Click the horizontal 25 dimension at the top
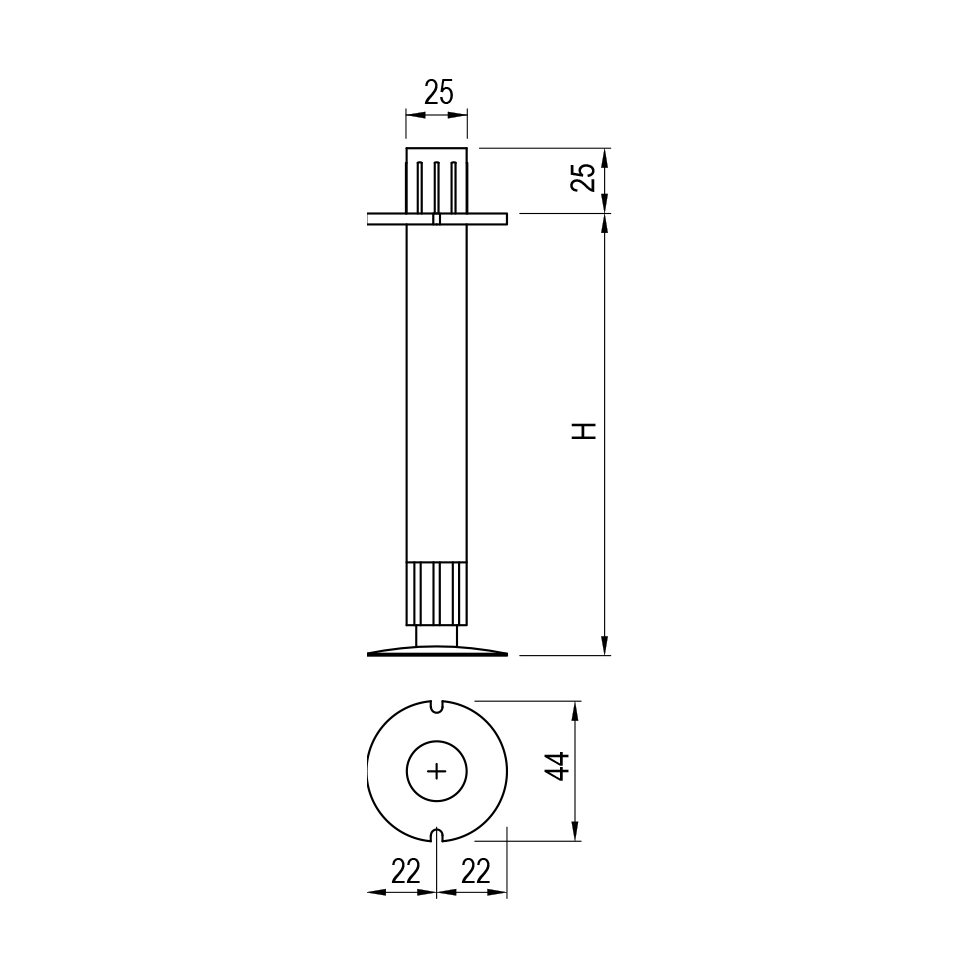tap(439, 93)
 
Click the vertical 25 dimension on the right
tap(585, 178)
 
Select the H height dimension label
tap(585, 431)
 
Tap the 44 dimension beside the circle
tap(557, 766)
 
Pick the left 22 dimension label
tap(406, 871)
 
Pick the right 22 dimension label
tap(476, 871)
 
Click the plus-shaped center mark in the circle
tap(437, 772)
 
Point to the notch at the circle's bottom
tap(437, 837)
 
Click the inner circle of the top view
tap(437, 741)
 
